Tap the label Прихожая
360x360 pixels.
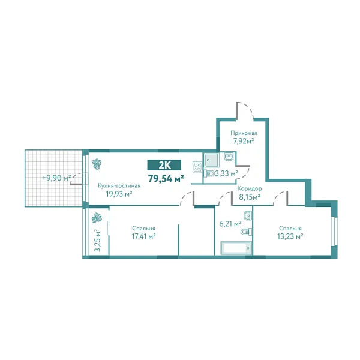click(x=244, y=133)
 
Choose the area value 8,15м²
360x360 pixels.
click(x=249, y=196)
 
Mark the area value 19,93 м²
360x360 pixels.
click(x=119, y=194)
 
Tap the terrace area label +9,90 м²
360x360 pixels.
click(x=56, y=178)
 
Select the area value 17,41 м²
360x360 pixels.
click(x=144, y=236)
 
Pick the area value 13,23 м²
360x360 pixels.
click(x=290, y=236)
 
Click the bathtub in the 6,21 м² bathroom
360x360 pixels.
click(x=235, y=248)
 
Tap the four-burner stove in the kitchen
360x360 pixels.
click(x=197, y=169)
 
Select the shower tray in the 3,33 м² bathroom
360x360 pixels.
click(x=211, y=160)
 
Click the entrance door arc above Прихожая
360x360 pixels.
click(x=245, y=110)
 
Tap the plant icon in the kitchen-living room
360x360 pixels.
click(x=96, y=163)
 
